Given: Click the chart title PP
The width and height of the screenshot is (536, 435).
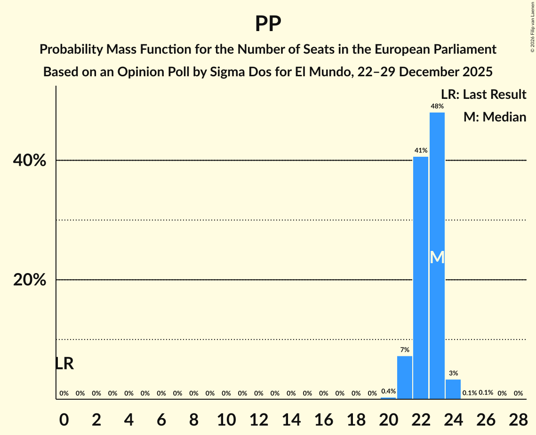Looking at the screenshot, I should click(x=268, y=24).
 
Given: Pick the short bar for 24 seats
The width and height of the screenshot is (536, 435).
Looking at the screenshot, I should click(x=453, y=389).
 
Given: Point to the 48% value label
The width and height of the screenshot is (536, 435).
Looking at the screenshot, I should click(x=437, y=106).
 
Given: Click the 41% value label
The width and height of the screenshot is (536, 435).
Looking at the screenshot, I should click(x=421, y=151).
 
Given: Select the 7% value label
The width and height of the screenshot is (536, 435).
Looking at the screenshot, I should click(x=405, y=350).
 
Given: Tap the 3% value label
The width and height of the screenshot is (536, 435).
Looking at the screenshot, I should click(x=453, y=373).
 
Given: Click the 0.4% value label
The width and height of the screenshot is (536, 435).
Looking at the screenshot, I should click(x=388, y=391).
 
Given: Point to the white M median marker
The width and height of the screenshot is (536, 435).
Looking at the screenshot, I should click(x=437, y=257).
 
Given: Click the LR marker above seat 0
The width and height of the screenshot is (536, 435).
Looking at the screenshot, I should click(x=64, y=363).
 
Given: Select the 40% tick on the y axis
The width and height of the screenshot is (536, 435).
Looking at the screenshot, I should click(x=30, y=161).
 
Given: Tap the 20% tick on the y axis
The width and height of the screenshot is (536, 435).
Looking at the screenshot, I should click(x=30, y=280).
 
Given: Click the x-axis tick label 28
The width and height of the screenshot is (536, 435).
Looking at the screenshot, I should click(x=518, y=418).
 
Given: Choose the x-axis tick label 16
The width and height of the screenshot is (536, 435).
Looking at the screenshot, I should click(x=323, y=418).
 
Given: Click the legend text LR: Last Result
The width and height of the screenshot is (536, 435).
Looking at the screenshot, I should click(x=483, y=95).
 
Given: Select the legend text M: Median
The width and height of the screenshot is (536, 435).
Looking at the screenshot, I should click(x=495, y=117).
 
